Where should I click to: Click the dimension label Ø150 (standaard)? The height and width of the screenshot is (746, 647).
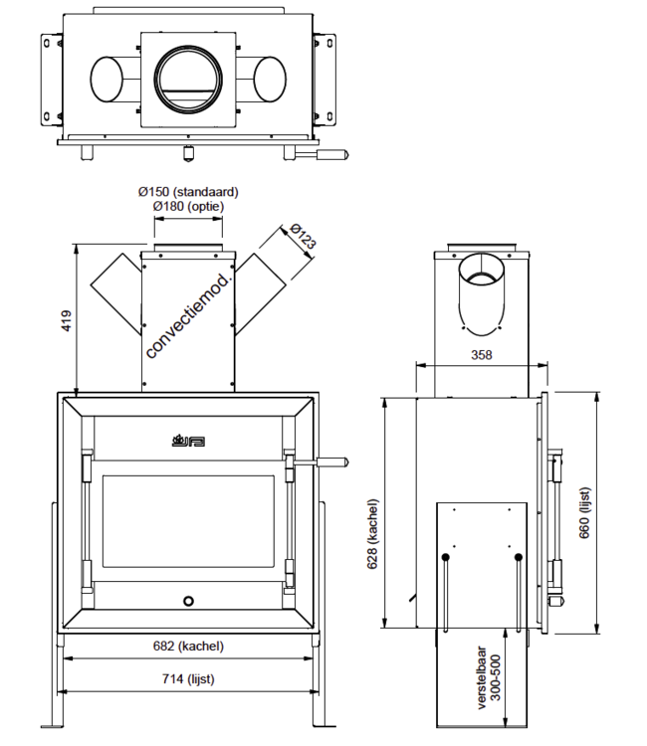189,191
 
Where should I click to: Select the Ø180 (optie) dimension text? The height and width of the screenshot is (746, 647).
189,206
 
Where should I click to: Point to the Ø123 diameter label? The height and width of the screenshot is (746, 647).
300,237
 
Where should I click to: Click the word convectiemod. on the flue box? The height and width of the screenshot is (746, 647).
188,316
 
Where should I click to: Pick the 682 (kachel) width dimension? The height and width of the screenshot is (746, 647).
188,646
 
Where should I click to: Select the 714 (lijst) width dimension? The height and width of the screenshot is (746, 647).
188,679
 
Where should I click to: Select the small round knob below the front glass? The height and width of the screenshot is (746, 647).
188,601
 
